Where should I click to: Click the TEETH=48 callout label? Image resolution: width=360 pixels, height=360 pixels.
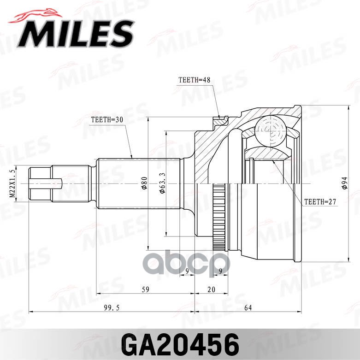tap(194, 80)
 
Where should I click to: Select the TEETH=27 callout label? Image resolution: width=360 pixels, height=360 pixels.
tap(321, 201)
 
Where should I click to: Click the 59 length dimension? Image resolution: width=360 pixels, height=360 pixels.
tap(145, 289)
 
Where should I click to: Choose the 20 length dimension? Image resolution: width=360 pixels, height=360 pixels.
tap(211, 289)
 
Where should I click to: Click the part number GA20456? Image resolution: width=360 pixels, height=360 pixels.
tap(180, 343)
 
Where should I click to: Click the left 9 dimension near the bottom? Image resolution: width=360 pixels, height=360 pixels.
tap(187, 271)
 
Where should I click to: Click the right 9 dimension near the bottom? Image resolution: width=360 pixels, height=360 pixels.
tap(221, 271)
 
